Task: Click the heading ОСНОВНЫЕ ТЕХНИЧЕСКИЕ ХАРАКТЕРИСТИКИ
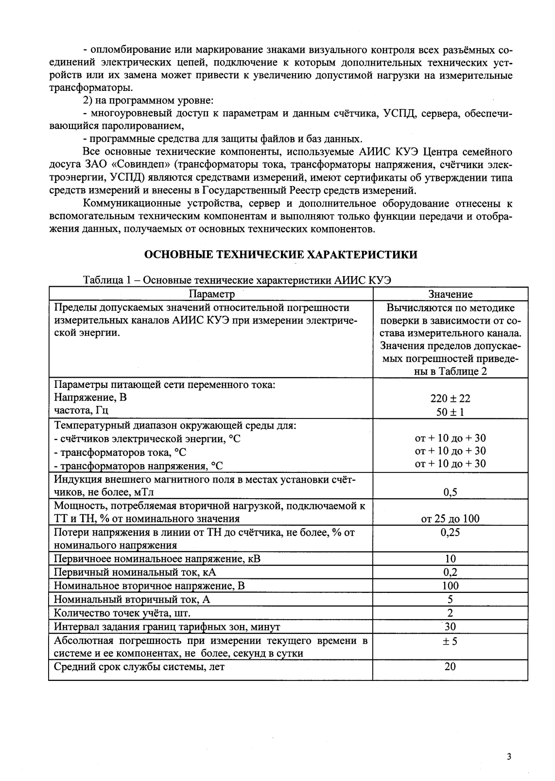click(281, 255)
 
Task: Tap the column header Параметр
click(211, 294)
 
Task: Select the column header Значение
click(450, 294)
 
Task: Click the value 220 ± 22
click(450, 399)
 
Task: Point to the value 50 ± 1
click(450, 412)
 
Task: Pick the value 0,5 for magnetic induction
click(450, 492)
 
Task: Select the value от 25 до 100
click(450, 519)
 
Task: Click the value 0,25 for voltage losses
click(450, 532)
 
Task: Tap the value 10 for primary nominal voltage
click(450, 558)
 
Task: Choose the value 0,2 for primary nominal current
click(450, 572)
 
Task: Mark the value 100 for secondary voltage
click(450, 586)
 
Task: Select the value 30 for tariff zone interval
click(450, 626)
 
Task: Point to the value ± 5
click(450, 641)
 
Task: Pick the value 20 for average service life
click(450, 666)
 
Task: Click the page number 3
click(509, 757)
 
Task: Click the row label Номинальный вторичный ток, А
click(132, 599)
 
